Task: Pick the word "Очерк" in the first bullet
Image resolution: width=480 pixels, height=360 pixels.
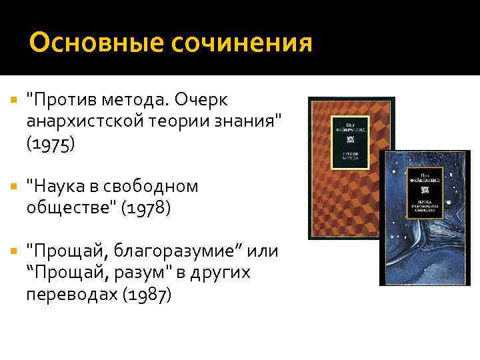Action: point(201,100)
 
